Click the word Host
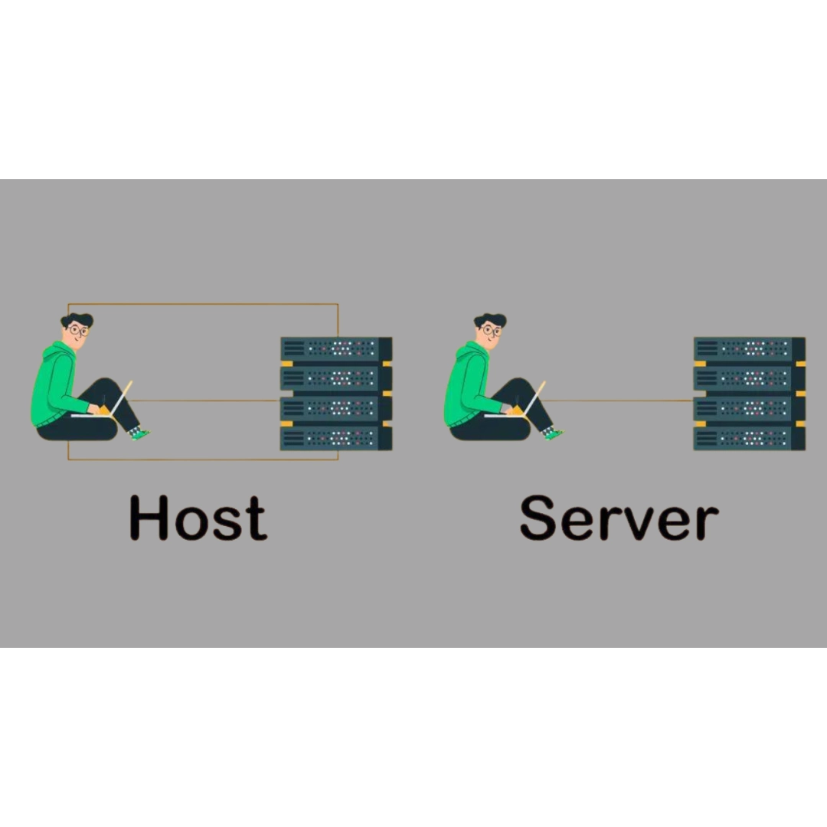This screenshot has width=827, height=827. [198, 518]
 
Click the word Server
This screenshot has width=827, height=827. [619, 519]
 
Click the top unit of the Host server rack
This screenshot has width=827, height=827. [335, 349]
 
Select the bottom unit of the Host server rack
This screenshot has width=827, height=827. [335, 438]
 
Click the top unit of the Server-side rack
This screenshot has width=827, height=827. [749, 349]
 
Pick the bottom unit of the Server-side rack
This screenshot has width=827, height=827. [749, 438]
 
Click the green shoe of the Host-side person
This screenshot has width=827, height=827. [138, 433]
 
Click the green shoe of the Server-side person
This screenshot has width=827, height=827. [551, 433]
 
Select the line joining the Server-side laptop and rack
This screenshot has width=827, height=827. [620, 400]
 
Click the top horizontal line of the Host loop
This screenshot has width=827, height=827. [203, 304]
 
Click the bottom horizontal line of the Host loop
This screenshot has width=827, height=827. [203, 459]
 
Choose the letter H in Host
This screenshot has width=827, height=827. [149, 518]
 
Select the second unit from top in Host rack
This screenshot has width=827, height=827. [335, 378]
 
